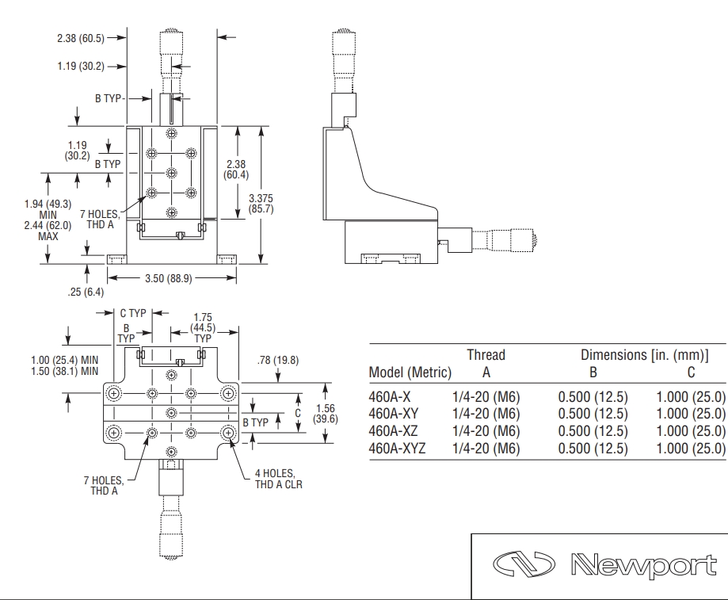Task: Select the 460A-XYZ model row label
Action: (x=397, y=448)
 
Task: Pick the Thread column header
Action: (x=486, y=354)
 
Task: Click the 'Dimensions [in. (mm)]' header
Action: (x=644, y=354)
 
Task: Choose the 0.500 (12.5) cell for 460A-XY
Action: (x=593, y=413)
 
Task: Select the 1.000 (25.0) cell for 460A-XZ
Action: (x=691, y=430)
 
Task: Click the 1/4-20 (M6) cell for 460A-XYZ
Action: (x=486, y=448)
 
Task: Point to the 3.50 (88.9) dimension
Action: (x=172, y=278)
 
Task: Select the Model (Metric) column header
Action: (x=410, y=373)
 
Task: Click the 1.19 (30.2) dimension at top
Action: (x=80, y=66)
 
